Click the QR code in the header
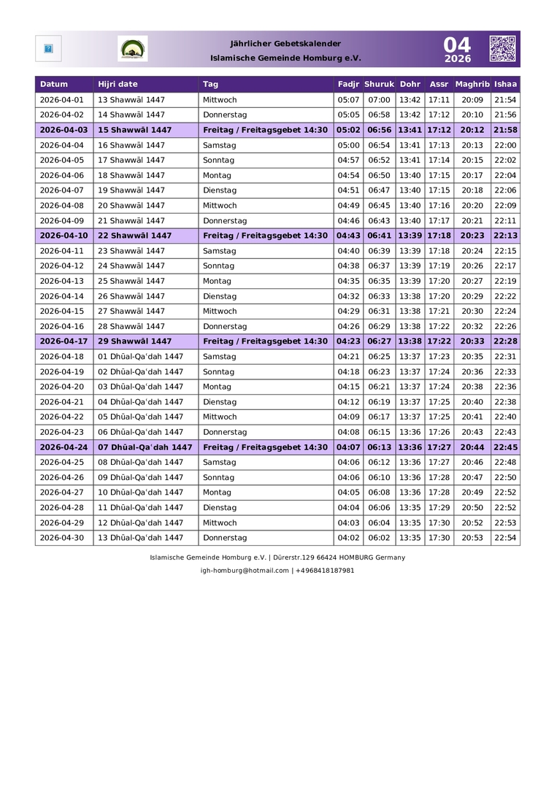pyautogui.click(x=502, y=48)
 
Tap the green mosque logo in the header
pyautogui.click(x=132, y=49)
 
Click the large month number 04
pyautogui.click(x=458, y=44)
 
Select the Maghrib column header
pyautogui.click(x=472, y=84)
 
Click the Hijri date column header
pyautogui.click(x=118, y=84)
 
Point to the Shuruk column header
pyautogui.click(x=379, y=84)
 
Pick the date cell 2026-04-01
pyautogui.click(x=61, y=100)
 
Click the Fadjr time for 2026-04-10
pyautogui.click(x=348, y=236)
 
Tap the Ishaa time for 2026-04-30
pyautogui.click(x=505, y=538)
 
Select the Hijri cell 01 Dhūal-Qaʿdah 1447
pyautogui.click(x=140, y=357)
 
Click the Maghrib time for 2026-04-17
pyautogui.click(x=472, y=341)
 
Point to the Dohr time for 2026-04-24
pyautogui.click(x=410, y=447)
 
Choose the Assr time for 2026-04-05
pyautogui.click(x=439, y=161)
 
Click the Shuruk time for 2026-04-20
pyautogui.click(x=379, y=387)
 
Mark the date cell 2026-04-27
pyautogui.click(x=61, y=492)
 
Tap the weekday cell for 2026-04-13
pyautogui.click(x=217, y=281)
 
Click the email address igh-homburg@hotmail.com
pyautogui.click(x=245, y=571)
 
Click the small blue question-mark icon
pyautogui.click(x=48, y=49)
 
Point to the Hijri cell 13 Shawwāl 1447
pyautogui.click(x=131, y=100)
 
